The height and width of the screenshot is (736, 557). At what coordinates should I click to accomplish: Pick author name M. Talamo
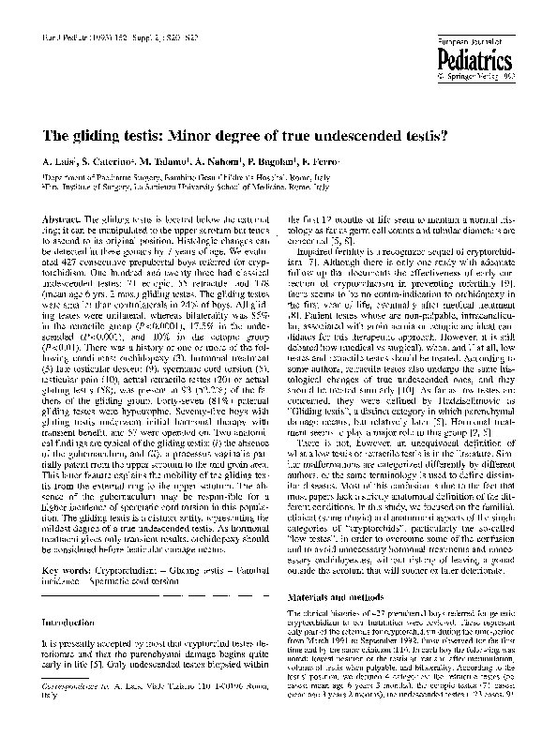pyautogui.click(x=170, y=161)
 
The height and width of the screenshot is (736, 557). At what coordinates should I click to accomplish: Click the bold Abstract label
pyautogui.click(x=61, y=218)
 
